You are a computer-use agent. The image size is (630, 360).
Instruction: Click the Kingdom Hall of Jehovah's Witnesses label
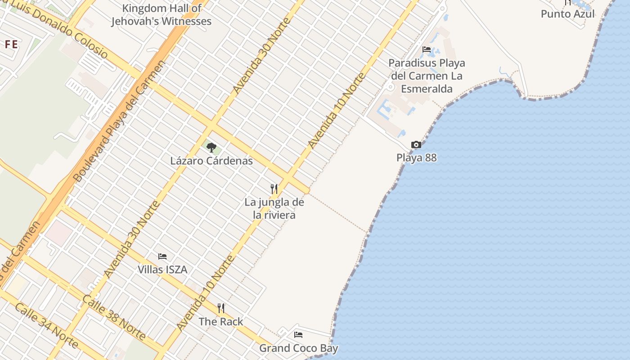point(161,15)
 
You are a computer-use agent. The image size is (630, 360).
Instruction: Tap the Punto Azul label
point(567,13)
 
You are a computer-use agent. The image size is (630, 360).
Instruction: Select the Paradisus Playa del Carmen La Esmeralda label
point(426,76)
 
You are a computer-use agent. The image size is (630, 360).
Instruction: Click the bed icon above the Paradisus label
point(427,49)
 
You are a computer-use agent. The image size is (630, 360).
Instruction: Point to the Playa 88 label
point(416,158)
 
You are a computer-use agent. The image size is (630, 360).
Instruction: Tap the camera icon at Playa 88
point(416,144)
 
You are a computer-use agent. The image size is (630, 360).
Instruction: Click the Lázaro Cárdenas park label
point(211,161)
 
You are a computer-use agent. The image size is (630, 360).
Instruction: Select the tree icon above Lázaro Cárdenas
point(211,147)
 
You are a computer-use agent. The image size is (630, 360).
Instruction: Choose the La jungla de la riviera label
point(274,208)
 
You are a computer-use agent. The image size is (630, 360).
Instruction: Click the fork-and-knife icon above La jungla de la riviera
point(274,189)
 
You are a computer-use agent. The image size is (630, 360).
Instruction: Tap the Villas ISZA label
point(162,270)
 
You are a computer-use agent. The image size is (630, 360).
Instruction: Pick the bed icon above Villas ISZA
point(162,256)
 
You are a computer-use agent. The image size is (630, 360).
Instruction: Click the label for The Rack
point(221,322)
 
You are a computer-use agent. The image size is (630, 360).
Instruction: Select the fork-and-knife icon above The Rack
point(221,308)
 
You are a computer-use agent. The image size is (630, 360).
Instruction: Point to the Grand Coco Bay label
point(298,348)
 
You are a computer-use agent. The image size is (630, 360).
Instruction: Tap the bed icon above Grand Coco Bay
point(298,335)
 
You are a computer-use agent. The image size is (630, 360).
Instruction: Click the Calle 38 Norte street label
point(114,318)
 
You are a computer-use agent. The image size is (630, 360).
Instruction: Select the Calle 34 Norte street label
point(46,325)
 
